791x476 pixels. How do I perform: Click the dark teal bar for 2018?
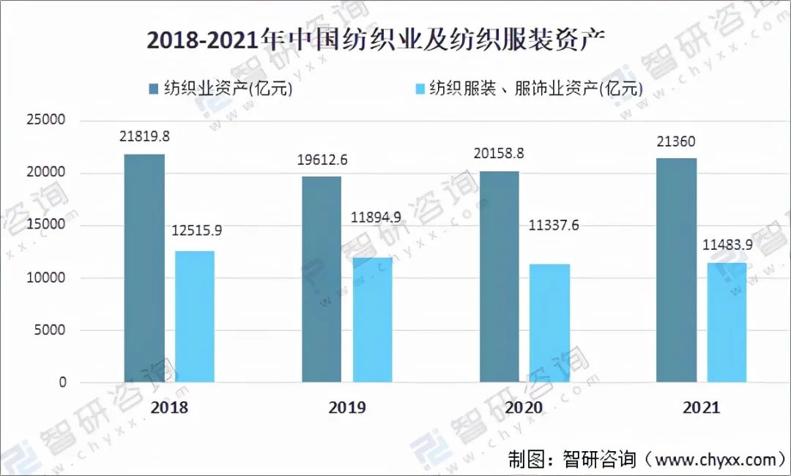[x=144, y=268]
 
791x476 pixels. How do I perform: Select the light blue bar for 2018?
[x=195, y=316]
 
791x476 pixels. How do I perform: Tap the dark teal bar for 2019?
[x=322, y=279]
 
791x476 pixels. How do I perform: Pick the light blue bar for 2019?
[x=372, y=320]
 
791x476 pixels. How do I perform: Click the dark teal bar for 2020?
[x=500, y=277]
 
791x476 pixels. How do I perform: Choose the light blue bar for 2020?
[x=550, y=323]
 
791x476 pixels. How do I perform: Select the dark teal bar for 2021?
[x=677, y=270]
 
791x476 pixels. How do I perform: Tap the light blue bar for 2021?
[x=727, y=322]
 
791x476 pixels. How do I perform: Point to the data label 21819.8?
[x=144, y=136]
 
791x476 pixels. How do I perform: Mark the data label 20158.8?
[x=500, y=154]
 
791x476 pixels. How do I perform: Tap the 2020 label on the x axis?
[x=523, y=408]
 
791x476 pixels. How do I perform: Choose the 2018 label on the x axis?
[x=169, y=408]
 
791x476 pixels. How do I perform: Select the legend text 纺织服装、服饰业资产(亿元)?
[x=535, y=89]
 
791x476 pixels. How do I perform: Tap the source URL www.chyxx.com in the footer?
[x=713, y=459]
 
